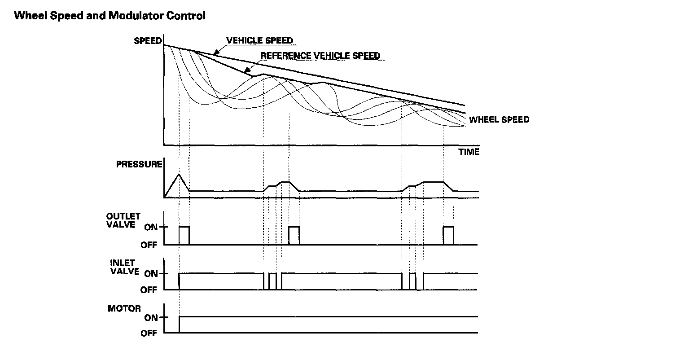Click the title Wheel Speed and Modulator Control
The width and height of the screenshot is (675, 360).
coord(110,16)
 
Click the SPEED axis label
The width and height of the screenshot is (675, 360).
coord(147,41)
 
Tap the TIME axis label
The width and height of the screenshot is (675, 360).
coord(469,152)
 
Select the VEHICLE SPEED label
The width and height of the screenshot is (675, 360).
coord(259,40)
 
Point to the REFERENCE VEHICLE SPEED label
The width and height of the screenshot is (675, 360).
coord(320,56)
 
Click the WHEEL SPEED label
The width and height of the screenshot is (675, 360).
coord(499,120)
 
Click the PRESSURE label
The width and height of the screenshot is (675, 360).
coord(139,164)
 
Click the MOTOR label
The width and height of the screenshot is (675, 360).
coord(124,309)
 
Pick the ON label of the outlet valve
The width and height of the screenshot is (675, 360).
coord(151,227)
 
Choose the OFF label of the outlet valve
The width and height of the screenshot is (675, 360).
coord(149,245)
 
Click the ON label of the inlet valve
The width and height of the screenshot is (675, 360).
coord(151,274)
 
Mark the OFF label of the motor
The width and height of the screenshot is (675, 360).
coord(149,334)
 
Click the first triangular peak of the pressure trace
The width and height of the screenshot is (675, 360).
coord(179,174)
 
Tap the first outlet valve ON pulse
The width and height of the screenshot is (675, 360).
coord(184,235)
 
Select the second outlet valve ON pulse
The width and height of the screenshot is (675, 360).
coord(294,235)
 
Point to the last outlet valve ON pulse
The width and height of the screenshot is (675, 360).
coord(448,235)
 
